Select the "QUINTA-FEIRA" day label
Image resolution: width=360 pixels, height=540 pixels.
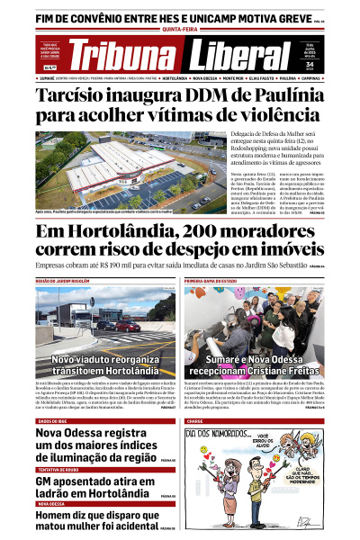[x=180, y=30]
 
